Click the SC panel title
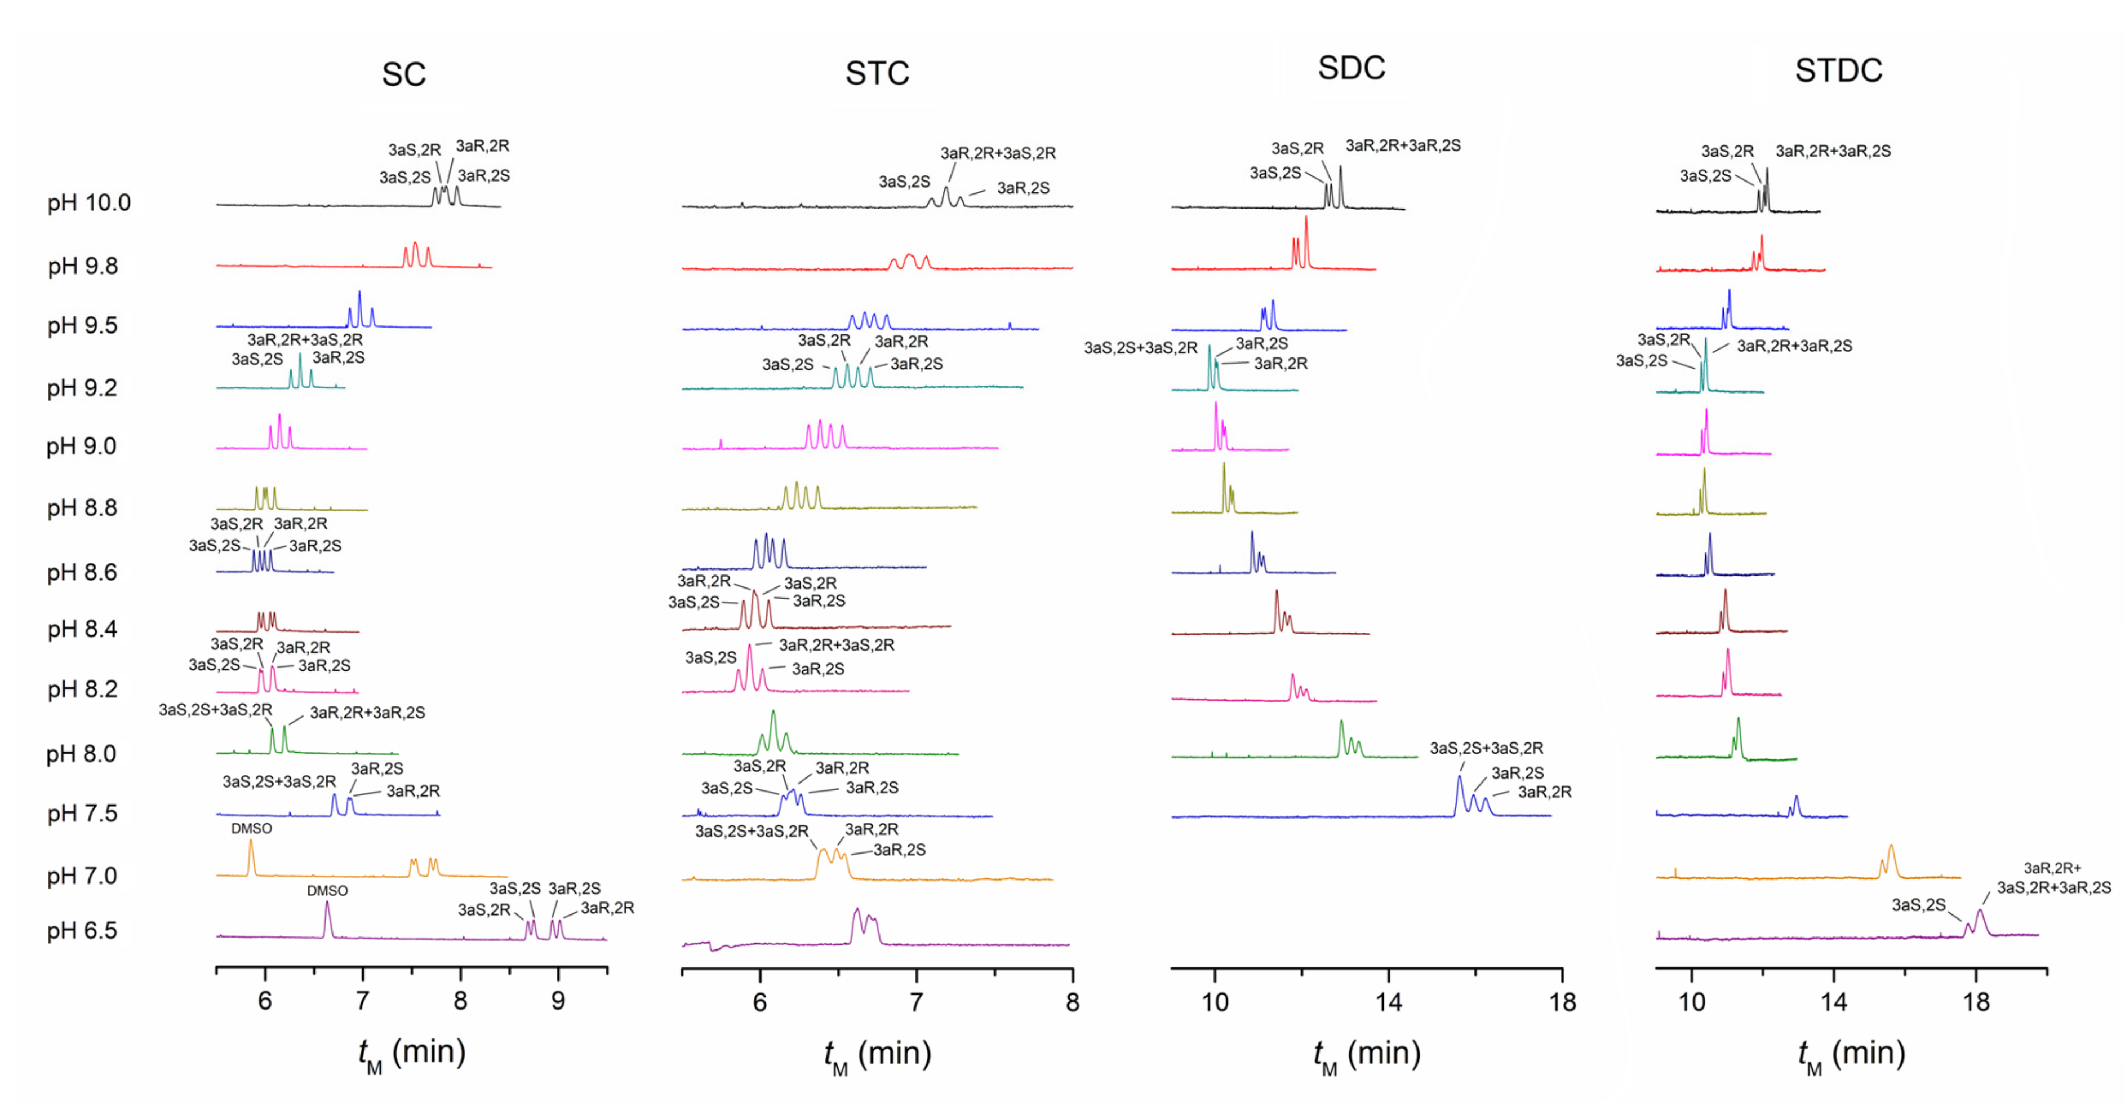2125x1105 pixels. [403, 74]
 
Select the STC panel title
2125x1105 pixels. [877, 73]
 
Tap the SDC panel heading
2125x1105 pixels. [1351, 68]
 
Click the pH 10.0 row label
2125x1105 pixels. [89, 203]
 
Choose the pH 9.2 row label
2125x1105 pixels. [82, 388]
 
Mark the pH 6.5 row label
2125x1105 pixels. [82, 931]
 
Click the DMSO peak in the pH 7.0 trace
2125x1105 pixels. [251, 858]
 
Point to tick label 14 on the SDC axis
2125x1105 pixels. [1388, 1002]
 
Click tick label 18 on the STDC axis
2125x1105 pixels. [1976, 1002]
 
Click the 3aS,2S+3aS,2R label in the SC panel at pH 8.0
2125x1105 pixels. [215, 710]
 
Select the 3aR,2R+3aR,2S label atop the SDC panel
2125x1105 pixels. [1402, 146]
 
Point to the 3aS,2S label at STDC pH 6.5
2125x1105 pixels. [1918, 905]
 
